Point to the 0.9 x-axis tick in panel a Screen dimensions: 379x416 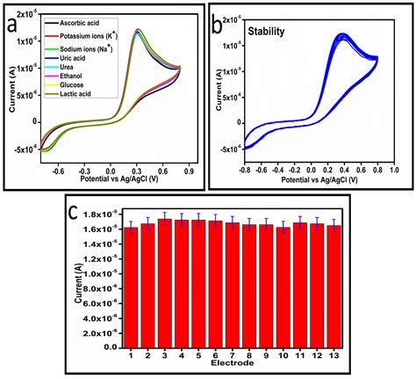(x=187, y=173)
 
